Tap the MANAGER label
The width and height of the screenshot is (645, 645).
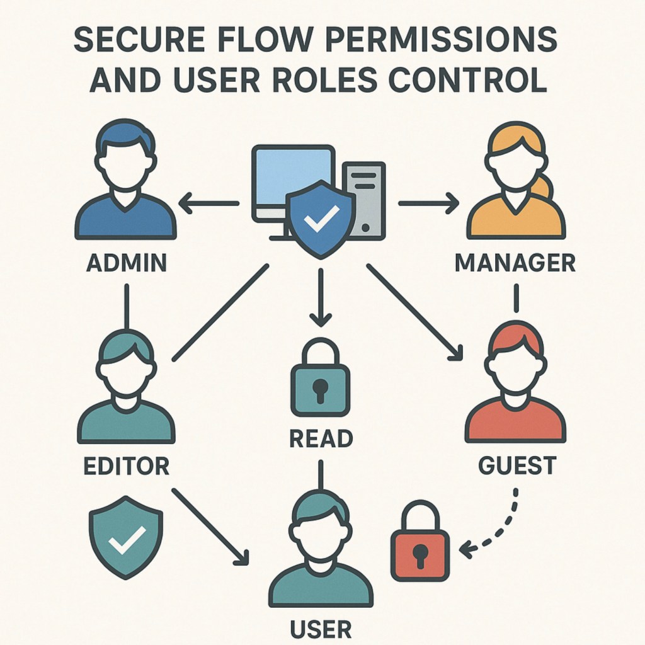tap(515, 262)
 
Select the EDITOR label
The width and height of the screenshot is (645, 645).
tap(126, 466)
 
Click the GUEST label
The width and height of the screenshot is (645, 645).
tap(517, 465)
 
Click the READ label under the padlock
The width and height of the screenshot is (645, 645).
tap(321, 439)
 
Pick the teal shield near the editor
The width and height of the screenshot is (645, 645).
tap(126, 536)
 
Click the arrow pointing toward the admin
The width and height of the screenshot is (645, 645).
tap(208, 203)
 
